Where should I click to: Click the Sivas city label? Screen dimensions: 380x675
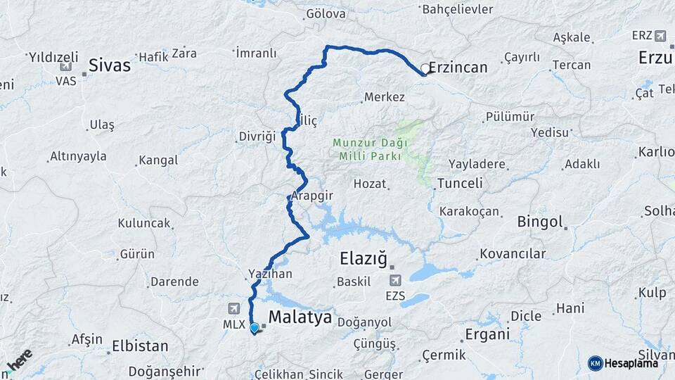pos(109,65)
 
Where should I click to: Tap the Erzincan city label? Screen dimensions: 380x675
pos(458,68)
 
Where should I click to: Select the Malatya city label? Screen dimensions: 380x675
pos(300,317)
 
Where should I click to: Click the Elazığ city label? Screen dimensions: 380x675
pos(364,259)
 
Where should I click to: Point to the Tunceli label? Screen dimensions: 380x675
pos(460,183)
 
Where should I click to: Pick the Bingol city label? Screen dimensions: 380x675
pos(540,222)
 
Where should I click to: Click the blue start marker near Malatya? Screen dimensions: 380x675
pos(255,328)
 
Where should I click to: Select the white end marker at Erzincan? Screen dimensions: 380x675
pos(425,69)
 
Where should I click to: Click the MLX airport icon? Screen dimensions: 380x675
pos(233,308)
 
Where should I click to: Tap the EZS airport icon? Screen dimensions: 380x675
pos(395,280)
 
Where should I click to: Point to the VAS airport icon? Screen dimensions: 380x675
pos(65,67)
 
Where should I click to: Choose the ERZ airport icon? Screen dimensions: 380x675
pos(660,35)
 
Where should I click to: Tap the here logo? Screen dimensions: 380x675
pos(20,360)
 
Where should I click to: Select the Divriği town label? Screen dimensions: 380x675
pos(257,136)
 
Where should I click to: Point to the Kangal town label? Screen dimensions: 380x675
pos(158,160)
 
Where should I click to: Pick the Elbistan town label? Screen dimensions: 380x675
pos(140,346)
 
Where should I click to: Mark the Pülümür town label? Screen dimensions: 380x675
pos(510,117)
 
